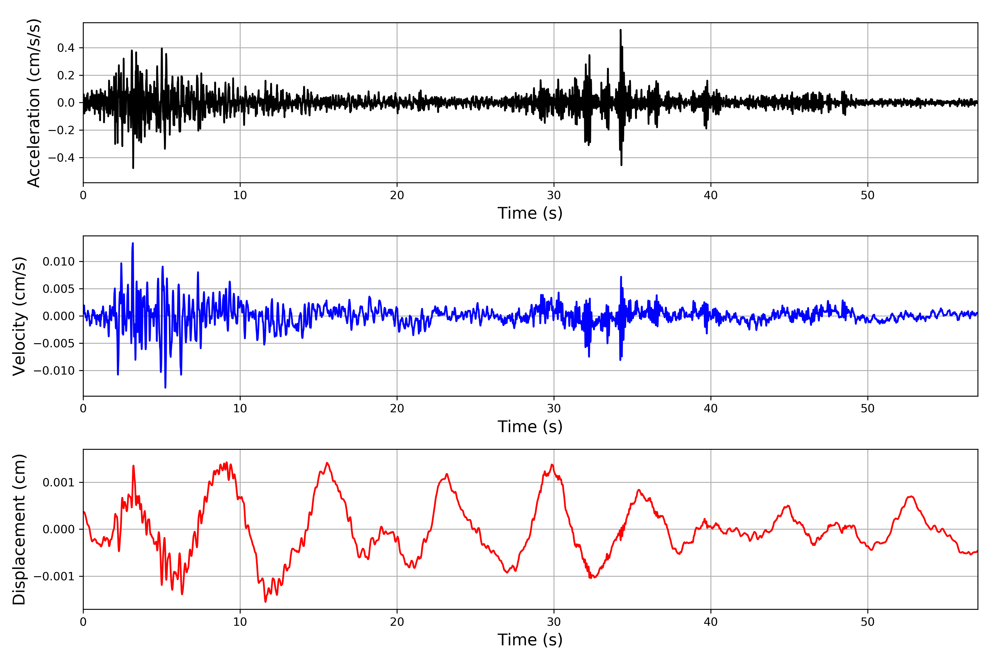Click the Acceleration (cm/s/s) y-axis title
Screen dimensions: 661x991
click(x=34, y=103)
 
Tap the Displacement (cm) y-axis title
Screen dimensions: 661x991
click(x=19, y=529)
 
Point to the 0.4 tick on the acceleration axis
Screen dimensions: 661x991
click(x=66, y=48)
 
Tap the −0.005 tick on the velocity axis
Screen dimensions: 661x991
click(x=54, y=343)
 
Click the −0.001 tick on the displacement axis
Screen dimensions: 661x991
click(x=54, y=576)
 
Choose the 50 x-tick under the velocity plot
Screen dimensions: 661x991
click(x=868, y=408)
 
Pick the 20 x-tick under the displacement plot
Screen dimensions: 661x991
click(x=397, y=622)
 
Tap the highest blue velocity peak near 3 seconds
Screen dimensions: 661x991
click(x=133, y=244)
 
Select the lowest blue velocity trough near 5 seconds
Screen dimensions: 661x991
click(x=165, y=387)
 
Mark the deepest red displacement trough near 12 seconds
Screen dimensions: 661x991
click(x=265, y=601)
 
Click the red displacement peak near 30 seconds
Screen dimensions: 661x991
click(x=552, y=465)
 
